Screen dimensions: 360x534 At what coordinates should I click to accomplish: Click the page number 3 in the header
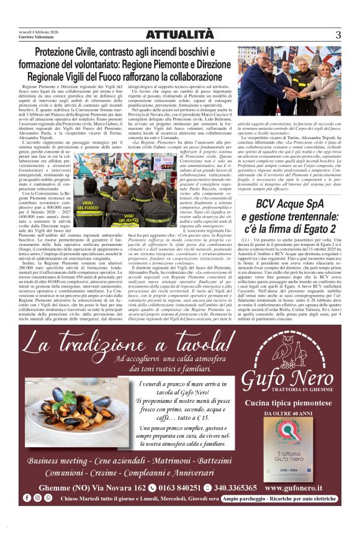point(338,35)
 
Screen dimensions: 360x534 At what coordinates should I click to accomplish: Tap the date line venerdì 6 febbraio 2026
point(39,32)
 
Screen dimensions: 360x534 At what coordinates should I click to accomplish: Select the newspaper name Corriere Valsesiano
point(37,38)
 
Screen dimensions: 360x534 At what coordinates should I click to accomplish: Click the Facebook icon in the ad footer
point(27,498)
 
